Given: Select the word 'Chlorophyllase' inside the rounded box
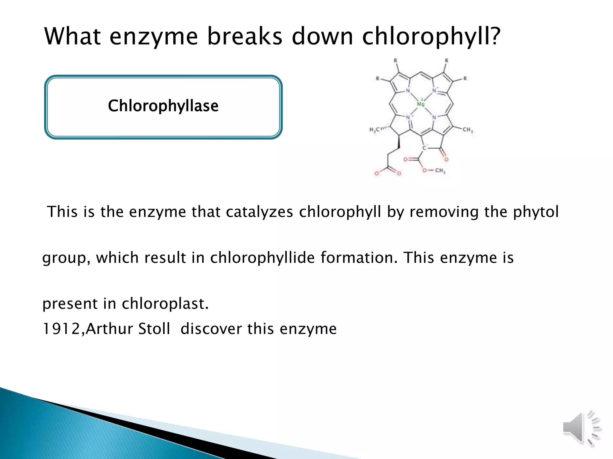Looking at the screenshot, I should [163, 106].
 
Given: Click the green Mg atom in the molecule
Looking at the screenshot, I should [421, 103].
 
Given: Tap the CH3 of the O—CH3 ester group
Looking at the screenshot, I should [440, 171].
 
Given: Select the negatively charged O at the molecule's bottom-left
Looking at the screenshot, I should [377, 173].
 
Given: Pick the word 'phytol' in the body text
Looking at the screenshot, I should [536, 212].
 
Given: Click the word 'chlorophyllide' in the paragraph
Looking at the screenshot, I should [262, 258].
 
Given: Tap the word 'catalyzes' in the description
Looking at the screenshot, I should [259, 212].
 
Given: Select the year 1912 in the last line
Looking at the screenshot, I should [61, 329].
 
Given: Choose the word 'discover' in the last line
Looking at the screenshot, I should [211, 329].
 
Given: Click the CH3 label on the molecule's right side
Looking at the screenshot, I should [468, 130].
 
